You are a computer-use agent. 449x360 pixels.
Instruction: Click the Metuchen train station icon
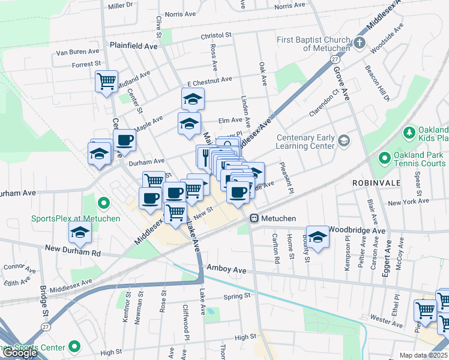click(x=255, y=218)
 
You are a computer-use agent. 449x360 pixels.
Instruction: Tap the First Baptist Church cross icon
click(x=359, y=43)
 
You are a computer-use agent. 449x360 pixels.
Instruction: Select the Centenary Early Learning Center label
click(x=305, y=142)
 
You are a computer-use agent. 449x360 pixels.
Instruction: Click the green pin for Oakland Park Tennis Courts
click(x=384, y=159)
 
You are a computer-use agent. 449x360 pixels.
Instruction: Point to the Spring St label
click(x=236, y=296)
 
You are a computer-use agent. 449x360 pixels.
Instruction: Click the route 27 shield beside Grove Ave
click(x=335, y=59)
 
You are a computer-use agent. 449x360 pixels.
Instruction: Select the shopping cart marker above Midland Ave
click(x=106, y=80)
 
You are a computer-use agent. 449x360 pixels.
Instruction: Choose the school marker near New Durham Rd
click(x=79, y=232)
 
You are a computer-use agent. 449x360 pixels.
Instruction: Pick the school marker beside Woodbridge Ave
click(x=318, y=236)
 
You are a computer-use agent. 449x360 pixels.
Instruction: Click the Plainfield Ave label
click(x=133, y=46)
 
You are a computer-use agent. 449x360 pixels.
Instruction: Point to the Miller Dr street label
click(x=120, y=5)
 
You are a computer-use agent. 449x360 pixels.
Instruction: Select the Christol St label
click(x=216, y=35)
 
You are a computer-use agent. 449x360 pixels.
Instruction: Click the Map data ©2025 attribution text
click(x=424, y=355)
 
